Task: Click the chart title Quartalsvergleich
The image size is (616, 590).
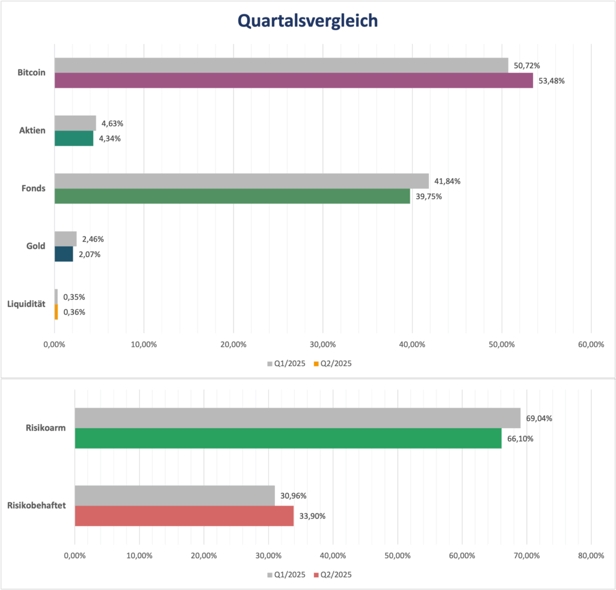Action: point(307,21)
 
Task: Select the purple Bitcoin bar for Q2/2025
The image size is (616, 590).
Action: point(294,81)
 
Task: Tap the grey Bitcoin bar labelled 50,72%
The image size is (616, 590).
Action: point(281,65)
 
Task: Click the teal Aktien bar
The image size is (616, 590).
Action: point(74,138)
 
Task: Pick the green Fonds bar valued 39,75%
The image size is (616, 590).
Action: point(232,196)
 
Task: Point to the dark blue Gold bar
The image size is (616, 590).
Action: point(64,254)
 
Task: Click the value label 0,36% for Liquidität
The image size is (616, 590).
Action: point(74,312)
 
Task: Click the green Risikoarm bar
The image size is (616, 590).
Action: point(288,438)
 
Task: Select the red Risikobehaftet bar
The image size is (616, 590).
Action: point(184,516)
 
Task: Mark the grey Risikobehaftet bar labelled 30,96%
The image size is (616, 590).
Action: point(174,495)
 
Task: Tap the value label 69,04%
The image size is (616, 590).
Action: point(539,418)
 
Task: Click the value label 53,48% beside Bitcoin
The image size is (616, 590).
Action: point(552,81)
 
